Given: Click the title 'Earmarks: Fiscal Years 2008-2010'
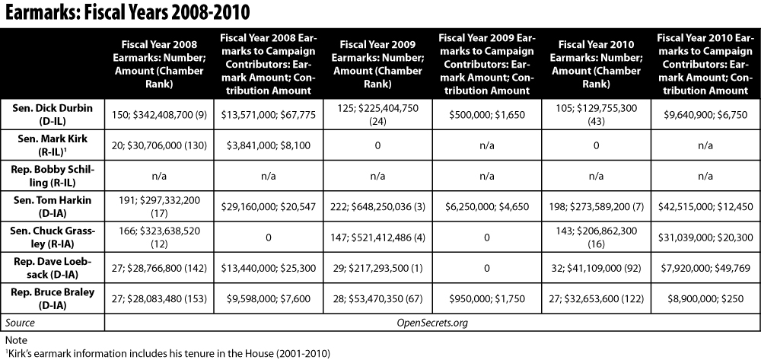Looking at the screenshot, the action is tap(127, 12).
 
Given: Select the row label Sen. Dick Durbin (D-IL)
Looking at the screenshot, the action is tap(52, 114).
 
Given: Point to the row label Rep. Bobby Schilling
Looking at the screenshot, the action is tap(52, 175).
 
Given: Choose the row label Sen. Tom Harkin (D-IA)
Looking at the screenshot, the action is tap(52, 206).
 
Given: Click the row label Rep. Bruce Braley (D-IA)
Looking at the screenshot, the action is tap(52, 298).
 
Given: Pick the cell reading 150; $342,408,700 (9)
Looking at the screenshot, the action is tap(159, 114).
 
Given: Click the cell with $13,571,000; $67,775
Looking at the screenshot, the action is tap(268, 114).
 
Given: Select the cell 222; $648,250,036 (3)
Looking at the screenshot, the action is tap(377, 206).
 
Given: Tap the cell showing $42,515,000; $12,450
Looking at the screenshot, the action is tap(705, 206).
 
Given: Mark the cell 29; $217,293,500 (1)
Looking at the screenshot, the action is tap(377, 268).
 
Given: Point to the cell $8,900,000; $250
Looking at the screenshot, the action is tap(705, 298).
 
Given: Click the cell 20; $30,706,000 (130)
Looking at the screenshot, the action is tap(159, 145).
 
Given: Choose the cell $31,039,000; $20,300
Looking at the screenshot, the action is tap(705, 237).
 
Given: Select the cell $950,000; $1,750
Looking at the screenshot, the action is tap(487, 298).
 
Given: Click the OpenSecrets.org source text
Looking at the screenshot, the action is tap(432, 323).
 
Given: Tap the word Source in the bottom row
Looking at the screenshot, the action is tap(20, 323).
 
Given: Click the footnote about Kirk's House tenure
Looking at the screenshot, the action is tap(167, 353).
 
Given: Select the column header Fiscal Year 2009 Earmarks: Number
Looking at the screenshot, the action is tap(377, 64).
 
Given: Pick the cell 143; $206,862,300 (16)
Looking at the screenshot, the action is tap(596, 237).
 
